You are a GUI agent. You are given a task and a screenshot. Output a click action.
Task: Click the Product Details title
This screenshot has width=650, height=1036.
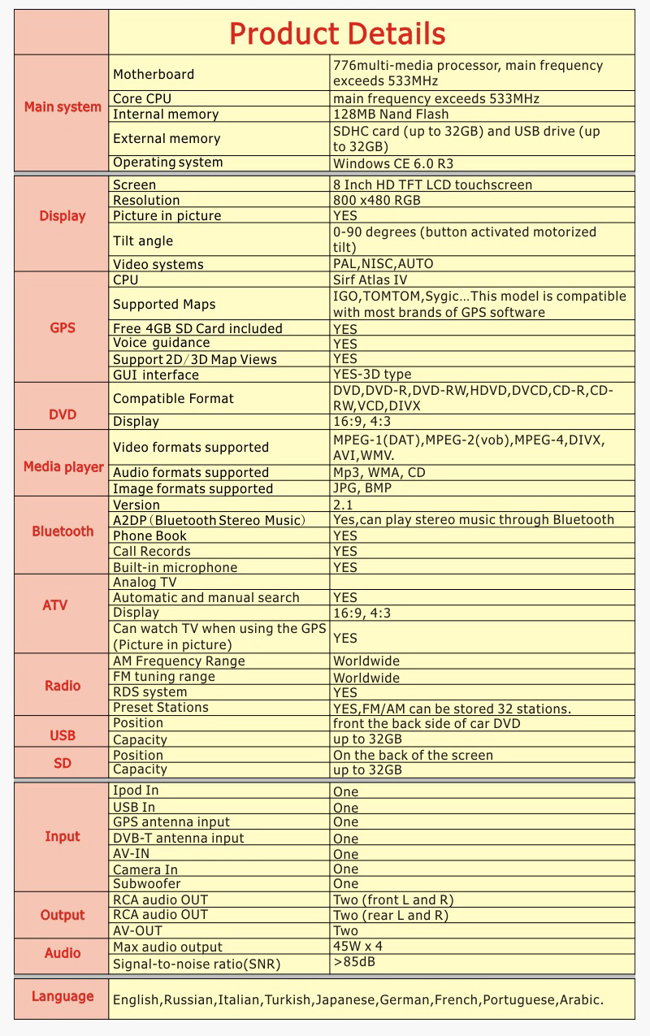(337, 34)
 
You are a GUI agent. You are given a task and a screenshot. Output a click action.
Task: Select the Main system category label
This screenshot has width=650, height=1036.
(63, 107)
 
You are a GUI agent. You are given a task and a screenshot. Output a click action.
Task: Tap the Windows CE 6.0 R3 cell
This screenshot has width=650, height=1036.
(393, 163)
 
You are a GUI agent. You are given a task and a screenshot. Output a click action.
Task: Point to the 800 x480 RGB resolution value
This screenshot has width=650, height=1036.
(377, 200)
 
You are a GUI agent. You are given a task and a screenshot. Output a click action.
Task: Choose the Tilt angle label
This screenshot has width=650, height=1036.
(143, 241)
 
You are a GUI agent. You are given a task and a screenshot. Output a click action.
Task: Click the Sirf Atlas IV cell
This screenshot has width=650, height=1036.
(370, 280)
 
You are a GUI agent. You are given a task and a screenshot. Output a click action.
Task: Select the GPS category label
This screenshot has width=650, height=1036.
(63, 328)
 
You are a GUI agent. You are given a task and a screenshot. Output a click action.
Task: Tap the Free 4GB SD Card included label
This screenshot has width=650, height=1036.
(197, 328)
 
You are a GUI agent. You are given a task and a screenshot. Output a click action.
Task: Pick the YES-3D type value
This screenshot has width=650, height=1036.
(372, 375)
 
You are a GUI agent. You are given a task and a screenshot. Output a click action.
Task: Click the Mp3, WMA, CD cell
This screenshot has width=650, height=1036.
(379, 472)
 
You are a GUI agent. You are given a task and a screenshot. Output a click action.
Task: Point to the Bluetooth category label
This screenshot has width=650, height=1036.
(63, 531)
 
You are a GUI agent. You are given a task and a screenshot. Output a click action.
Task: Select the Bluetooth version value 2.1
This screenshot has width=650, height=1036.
(343, 505)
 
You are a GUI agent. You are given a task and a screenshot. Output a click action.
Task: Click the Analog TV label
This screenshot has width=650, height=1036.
(145, 582)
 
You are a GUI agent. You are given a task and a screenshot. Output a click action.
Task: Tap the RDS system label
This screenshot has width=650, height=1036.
(150, 692)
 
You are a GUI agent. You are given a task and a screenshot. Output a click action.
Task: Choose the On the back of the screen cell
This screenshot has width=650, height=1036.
(413, 755)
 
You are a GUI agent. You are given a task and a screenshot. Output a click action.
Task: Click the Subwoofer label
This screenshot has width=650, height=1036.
(147, 883)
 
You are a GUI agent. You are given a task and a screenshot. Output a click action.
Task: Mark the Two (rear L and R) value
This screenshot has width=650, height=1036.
(391, 915)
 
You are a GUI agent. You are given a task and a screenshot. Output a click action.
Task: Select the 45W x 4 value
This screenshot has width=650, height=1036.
(357, 946)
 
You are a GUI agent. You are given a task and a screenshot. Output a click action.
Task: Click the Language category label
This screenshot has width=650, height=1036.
(63, 997)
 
